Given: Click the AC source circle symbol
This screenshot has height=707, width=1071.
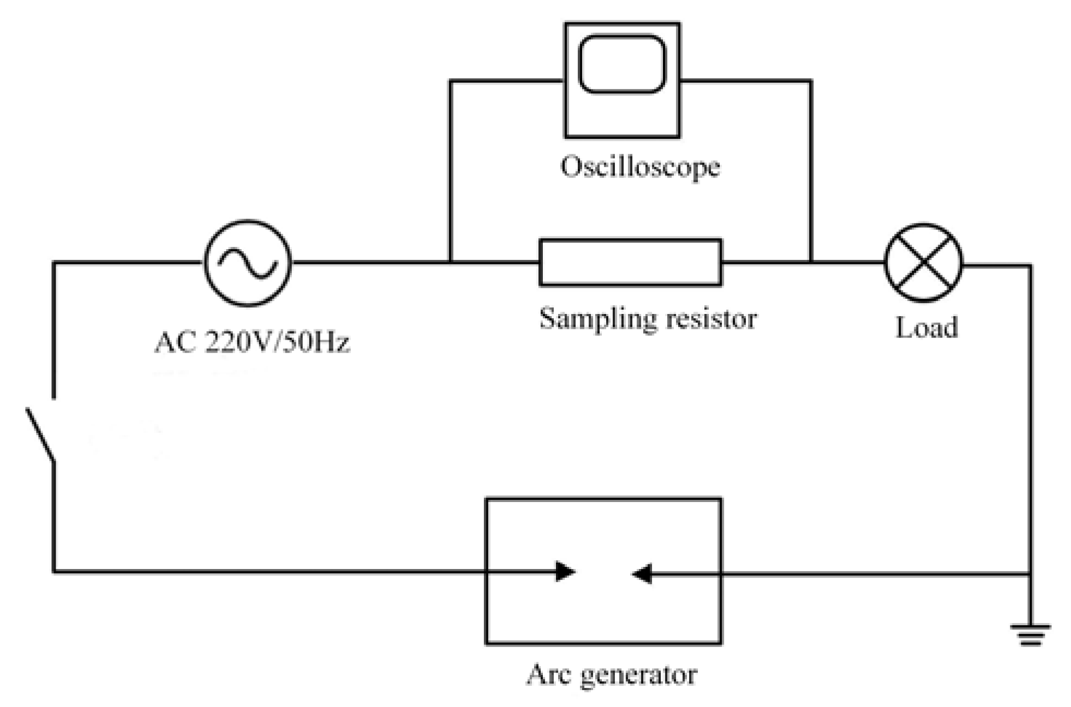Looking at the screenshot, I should [x=248, y=263].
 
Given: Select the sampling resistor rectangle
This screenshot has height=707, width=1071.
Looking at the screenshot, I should [x=630, y=262].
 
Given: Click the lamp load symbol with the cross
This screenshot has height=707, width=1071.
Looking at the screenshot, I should [x=923, y=263].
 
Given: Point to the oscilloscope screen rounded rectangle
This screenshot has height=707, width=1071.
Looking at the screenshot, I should [x=621, y=64].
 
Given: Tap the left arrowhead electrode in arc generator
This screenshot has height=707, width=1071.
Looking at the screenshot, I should [x=565, y=571].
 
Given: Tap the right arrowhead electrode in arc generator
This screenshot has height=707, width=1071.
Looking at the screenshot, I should [x=642, y=573].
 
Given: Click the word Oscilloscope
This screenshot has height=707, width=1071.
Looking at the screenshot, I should [x=640, y=167].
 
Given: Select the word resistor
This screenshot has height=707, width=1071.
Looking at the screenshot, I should [x=711, y=319].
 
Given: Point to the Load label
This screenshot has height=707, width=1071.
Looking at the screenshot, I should [x=926, y=328].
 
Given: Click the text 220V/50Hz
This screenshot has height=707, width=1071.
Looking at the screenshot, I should [x=277, y=343].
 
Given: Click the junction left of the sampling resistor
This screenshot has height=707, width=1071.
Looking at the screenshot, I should [x=450, y=262].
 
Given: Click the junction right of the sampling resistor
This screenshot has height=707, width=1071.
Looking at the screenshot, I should [x=811, y=262].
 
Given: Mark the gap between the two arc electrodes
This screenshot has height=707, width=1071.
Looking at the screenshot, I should [x=603, y=572].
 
